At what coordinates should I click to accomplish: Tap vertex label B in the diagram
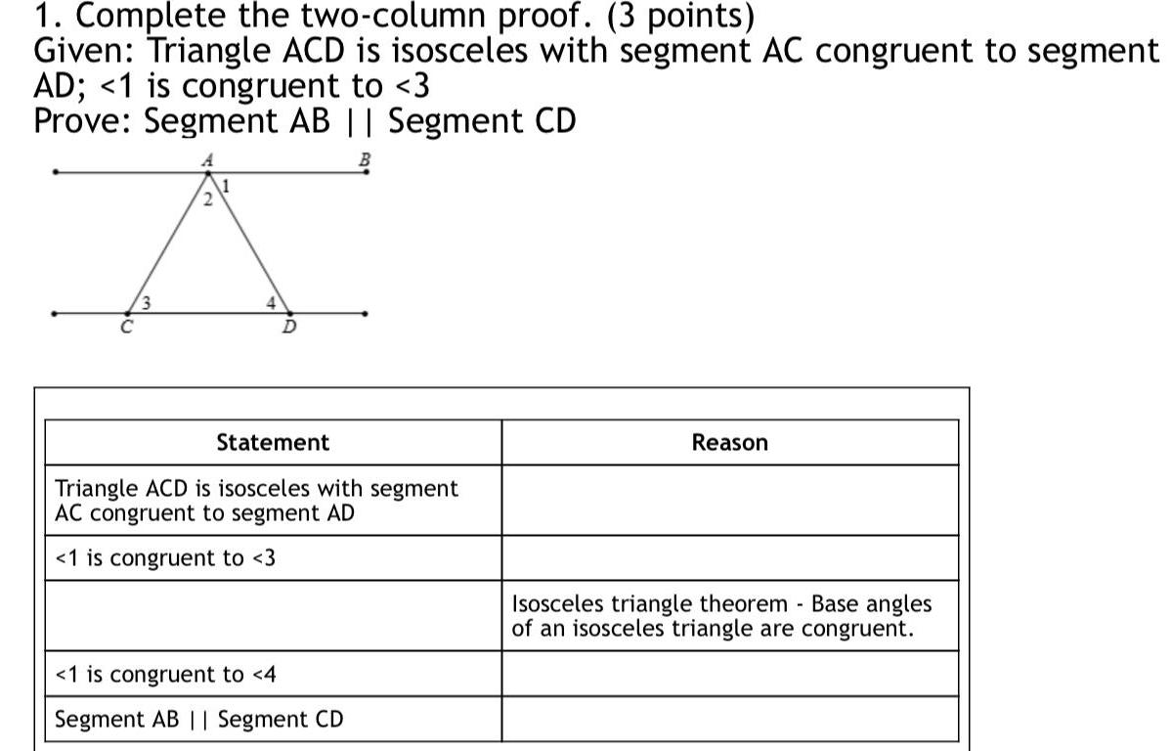click(365, 157)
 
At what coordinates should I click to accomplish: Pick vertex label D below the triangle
click(289, 327)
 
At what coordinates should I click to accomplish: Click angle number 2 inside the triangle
click(207, 200)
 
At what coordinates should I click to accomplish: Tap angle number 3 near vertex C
click(145, 301)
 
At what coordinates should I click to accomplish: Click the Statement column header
click(273, 443)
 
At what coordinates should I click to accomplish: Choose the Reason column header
click(729, 443)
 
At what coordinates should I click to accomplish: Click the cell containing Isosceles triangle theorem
click(729, 616)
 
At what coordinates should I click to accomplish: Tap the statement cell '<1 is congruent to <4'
click(273, 675)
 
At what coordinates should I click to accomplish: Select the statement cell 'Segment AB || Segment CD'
click(273, 720)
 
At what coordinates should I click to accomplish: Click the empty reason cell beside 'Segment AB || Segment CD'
click(729, 720)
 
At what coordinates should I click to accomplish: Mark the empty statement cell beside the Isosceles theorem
click(273, 616)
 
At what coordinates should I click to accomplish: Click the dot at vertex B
click(367, 172)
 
